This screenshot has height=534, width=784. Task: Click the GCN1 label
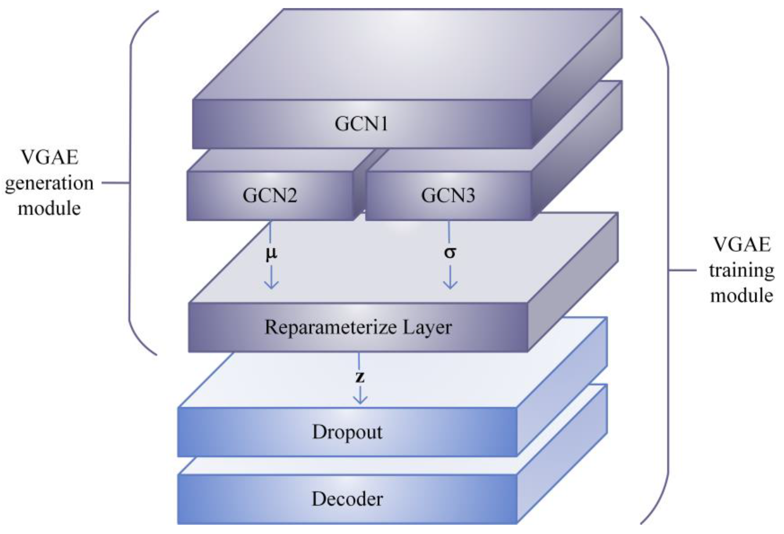pos(361,124)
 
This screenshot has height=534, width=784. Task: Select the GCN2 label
pos(270,195)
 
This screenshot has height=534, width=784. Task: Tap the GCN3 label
pos(448,195)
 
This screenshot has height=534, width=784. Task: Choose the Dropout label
pos(347,432)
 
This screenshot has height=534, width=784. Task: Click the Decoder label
pos(347,499)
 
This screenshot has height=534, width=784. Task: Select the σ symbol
pos(450,252)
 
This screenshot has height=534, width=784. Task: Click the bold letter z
pos(360,377)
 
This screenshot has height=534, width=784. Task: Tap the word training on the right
pos(742,270)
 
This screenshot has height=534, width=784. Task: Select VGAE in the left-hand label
pos(49,157)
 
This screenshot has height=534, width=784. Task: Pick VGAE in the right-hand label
pos(742,244)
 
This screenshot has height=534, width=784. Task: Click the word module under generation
pos(49,208)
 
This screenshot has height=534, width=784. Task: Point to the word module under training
pos(742,296)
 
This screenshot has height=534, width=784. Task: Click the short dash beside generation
pos(115,183)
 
